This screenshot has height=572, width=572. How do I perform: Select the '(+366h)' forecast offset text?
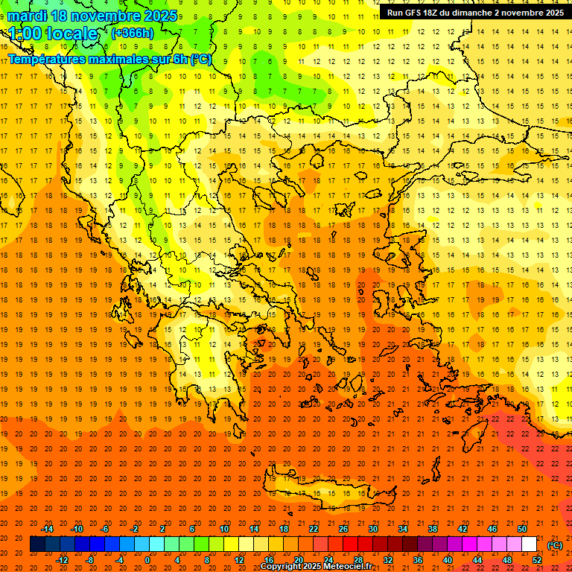[x=133, y=33]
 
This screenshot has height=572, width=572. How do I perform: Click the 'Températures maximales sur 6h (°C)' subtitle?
[x=109, y=59]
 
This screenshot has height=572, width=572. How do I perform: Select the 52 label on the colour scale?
[x=537, y=560]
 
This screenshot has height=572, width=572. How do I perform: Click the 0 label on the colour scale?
[x=147, y=560]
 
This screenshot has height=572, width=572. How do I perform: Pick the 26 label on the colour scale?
[x=343, y=529]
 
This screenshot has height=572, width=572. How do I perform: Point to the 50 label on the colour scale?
[x=521, y=529]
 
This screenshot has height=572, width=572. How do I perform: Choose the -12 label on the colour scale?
[x=62, y=560]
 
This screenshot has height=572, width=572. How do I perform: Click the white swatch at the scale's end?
[x=529, y=544]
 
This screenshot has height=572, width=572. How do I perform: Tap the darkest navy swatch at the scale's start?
[x=37, y=544]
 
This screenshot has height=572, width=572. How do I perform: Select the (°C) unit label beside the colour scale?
[x=555, y=545]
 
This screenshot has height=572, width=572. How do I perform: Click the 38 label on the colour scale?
[x=432, y=529]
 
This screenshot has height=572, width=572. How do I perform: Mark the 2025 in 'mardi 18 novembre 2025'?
[x=159, y=16]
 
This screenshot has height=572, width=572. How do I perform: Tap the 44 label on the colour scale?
[x=477, y=560]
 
